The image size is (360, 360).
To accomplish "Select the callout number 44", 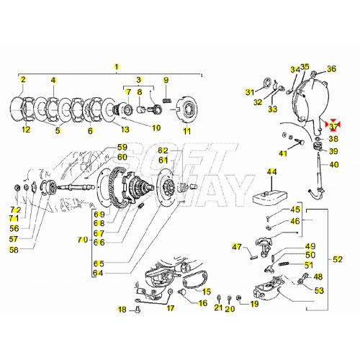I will [271, 172].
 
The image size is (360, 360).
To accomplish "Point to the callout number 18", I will [122, 309].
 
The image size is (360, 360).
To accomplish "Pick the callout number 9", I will [165, 79].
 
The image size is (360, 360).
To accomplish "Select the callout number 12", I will [26, 130].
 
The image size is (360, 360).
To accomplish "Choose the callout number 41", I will [284, 154].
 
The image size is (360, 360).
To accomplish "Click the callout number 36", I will [332, 69].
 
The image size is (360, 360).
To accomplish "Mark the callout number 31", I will [250, 92].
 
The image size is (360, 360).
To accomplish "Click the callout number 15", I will [207, 292].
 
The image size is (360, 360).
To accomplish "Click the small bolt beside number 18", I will [138, 310].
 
